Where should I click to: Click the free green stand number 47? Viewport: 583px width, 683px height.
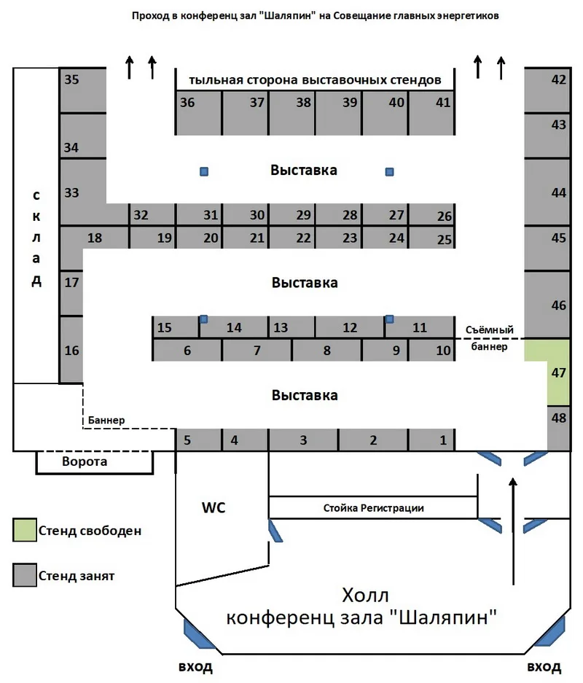click(558, 373)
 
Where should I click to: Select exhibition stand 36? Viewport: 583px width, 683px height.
click(198, 112)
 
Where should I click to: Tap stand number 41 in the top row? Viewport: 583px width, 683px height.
click(431, 112)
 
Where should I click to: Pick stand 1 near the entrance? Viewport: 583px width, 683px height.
click(431, 440)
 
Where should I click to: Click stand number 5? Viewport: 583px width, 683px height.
click(198, 440)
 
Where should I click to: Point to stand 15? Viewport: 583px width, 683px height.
click(175, 327)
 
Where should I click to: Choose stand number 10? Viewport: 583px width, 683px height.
click(431, 350)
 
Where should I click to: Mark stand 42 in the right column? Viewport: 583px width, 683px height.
click(547, 90)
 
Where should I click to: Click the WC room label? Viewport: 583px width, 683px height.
click(214, 507)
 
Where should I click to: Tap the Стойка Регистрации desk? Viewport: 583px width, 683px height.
click(373, 507)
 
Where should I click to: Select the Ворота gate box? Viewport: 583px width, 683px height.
click(95, 462)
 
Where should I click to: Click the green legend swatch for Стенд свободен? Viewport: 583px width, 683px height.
click(24, 530)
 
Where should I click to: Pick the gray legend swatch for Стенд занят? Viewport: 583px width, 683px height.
click(24, 575)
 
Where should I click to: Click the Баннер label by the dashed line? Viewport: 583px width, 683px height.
click(106, 420)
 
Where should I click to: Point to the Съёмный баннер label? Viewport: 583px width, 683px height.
click(490, 338)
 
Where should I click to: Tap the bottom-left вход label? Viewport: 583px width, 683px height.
click(195, 667)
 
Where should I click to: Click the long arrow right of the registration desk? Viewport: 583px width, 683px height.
click(513, 531)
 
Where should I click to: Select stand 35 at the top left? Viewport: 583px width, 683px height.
click(83, 90)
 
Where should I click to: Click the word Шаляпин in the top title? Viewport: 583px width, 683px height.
click(286, 16)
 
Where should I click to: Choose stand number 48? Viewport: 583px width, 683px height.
click(559, 429)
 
